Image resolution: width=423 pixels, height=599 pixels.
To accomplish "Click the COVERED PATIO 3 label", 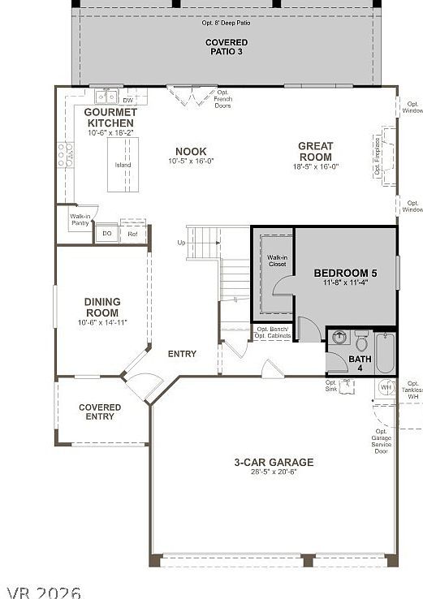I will pyautogui.click(x=226, y=46).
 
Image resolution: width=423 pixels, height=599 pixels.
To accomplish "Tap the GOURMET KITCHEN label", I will pyautogui.click(x=110, y=118).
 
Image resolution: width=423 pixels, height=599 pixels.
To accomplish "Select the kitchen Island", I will pyautogui.click(x=123, y=164).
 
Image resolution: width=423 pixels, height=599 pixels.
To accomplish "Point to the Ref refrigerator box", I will pyautogui.click(x=133, y=234).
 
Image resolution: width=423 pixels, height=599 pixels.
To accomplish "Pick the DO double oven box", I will pyautogui.click(x=106, y=234).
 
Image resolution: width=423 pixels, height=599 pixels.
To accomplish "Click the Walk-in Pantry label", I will pyautogui.click(x=80, y=220).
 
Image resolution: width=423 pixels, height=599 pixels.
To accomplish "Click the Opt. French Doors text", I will pyautogui.click(x=222, y=99).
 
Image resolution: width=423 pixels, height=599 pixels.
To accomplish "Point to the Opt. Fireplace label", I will pyautogui.click(x=378, y=156).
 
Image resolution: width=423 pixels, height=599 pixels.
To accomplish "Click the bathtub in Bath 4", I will pyautogui.click(x=385, y=351).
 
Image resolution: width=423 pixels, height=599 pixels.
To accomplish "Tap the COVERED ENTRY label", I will pyautogui.click(x=100, y=412).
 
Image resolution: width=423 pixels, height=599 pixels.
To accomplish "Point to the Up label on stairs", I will pyautogui.click(x=180, y=243).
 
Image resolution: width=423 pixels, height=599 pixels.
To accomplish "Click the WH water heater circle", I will pyautogui.click(x=386, y=387).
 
